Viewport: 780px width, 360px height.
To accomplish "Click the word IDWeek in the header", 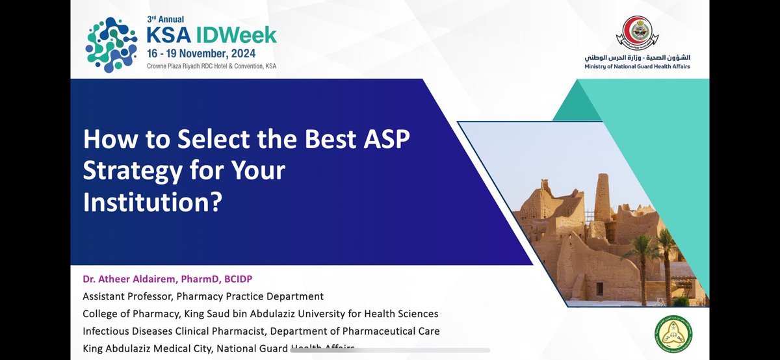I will coord(241,34).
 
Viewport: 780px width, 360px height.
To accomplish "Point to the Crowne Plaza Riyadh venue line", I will coord(211,66).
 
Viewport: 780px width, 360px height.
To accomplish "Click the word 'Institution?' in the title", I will coord(153,202).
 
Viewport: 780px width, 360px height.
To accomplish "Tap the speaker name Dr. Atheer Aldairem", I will coord(135,279).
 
